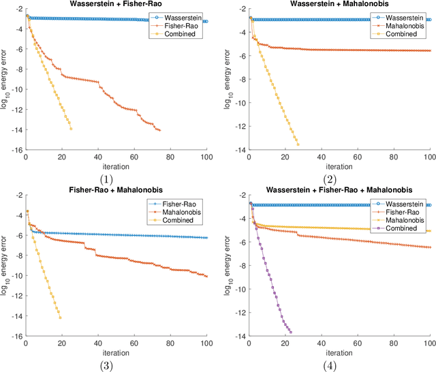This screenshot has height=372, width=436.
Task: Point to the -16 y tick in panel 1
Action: pyautogui.click(x=17, y=150)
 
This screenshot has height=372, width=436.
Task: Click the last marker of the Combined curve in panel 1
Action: pyautogui.click(x=71, y=129)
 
